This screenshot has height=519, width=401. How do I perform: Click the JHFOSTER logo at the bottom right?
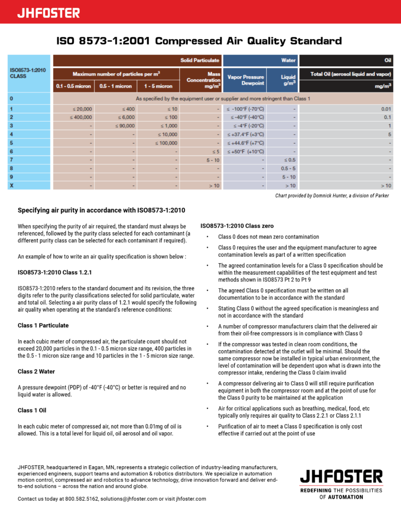pyautogui.click(x=340, y=476)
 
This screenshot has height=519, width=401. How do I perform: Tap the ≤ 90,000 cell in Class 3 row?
pyautogui.click(x=124, y=126)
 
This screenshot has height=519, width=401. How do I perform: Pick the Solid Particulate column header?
pyautogui.click(x=200, y=61)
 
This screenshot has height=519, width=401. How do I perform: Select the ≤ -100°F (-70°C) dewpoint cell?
pyautogui.click(x=245, y=109)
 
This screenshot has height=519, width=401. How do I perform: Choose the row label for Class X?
pyautogui.click(x=12, y=185)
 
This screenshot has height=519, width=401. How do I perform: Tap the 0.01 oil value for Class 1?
pyautogui.click(x=386, y=109)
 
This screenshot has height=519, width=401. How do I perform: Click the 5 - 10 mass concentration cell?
pyautogui.click(x=212, y=160)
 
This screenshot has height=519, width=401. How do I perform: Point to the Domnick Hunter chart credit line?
pyautogui.click(x=332, y=196)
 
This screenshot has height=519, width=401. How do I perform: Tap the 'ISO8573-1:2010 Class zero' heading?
pyautogui.click(x=237, y=226)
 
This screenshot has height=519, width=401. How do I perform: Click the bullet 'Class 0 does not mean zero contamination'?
pyautogui.click(x=268, y=237)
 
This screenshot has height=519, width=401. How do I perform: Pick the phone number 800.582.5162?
pyautogui.click(x=81, y=499)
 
